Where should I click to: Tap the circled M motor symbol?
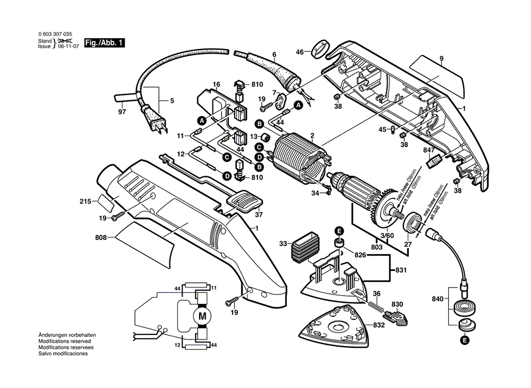[202, 316]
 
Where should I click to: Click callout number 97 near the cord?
[122, 113]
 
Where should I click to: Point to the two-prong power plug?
[158, 126]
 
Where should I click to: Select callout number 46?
[299, 52]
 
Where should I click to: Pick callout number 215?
[85, 201]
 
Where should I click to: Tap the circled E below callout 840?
[465, 340]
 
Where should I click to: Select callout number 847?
[429, 151]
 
